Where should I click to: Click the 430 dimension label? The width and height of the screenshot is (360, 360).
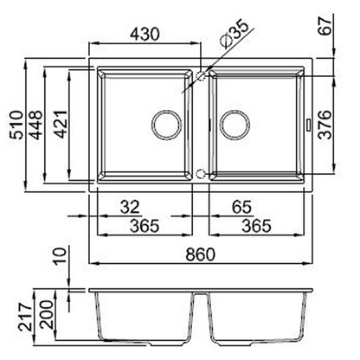point(145,34)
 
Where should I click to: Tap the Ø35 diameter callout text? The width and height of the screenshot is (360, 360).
point(234,33)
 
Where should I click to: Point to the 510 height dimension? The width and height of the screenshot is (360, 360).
point(16,125)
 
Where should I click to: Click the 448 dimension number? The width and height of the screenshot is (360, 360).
point(36,125)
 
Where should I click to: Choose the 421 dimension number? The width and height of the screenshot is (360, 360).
point(61,124)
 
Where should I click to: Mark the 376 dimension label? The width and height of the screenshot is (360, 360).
point(326,125)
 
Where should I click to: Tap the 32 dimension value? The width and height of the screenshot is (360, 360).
point(130,207)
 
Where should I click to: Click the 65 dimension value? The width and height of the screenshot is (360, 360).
point(241,207)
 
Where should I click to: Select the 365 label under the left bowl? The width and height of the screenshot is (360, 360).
point(145,226)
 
